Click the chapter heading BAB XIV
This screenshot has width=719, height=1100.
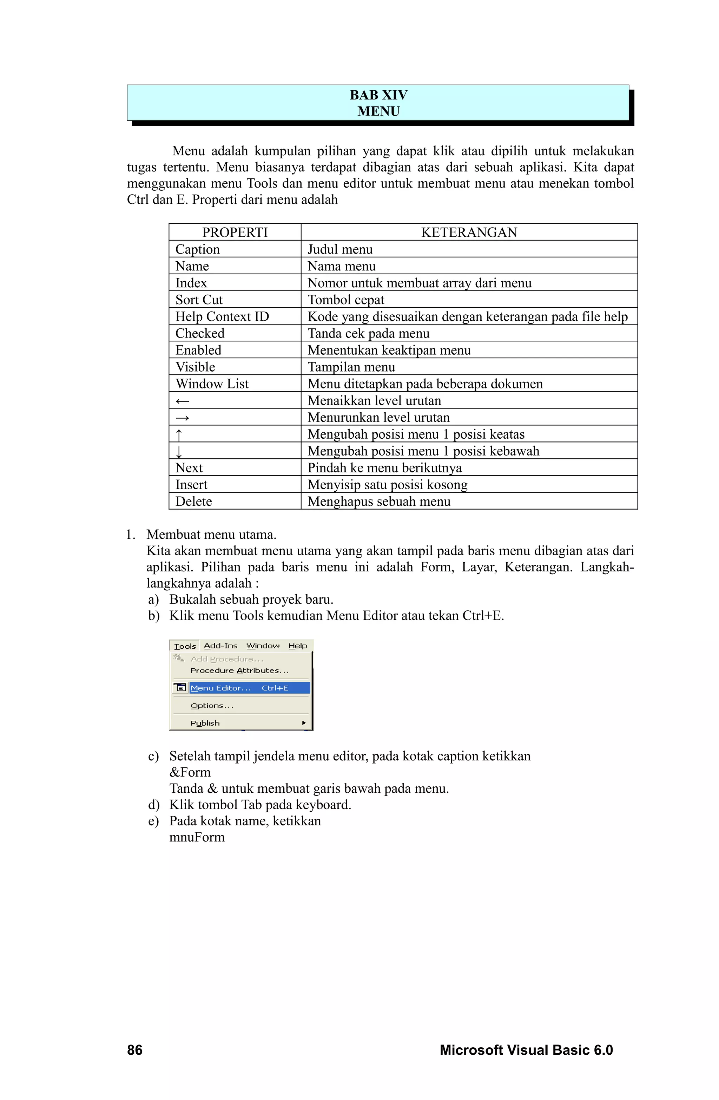coord(378,95)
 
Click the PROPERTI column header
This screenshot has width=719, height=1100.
coord(235,232)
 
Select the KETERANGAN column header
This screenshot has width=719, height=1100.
coord(469,232)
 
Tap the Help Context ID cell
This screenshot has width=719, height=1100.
coord(222,316)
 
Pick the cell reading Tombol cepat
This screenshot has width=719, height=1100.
coord(346,300)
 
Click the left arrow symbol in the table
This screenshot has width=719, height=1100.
coord(183,401)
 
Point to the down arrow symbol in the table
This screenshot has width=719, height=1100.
coord(179,451)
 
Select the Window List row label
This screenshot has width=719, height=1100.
coord(212,384)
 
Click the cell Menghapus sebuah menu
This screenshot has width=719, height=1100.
coord(378,501)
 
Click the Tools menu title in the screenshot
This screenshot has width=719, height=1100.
coord(185,646)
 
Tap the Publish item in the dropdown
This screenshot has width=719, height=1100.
coord(205,723)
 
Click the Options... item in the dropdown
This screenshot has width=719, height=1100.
coord(212,705)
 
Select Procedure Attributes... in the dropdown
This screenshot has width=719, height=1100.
coord(239,670)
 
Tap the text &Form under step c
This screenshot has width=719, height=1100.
coord(190,772)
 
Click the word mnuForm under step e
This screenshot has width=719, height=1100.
coord(197,837)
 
